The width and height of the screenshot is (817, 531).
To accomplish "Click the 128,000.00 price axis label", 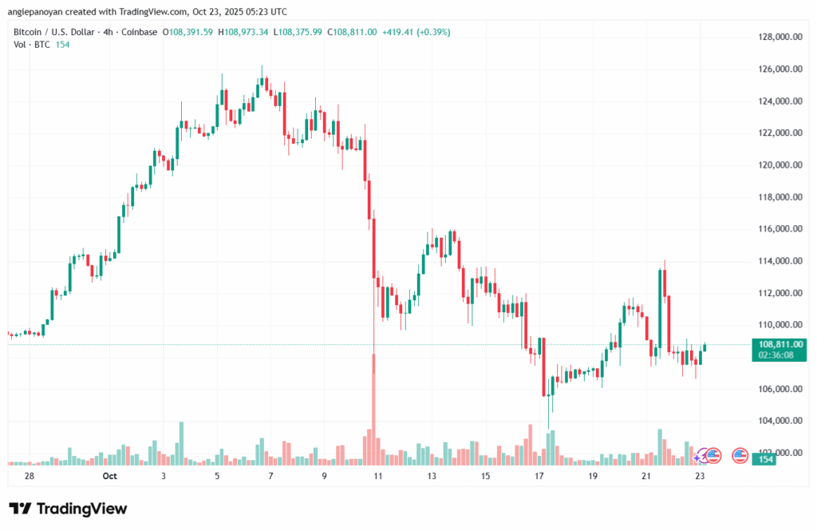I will click(780, 38).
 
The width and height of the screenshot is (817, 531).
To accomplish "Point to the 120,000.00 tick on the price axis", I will click(780, 165).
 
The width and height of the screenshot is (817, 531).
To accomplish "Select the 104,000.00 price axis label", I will click(780, 421).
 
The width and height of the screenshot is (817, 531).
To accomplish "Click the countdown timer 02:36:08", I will click(776, 355).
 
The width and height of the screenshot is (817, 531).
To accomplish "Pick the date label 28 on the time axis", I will click(30, 476).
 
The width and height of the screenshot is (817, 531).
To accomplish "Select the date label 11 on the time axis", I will click(378, 476).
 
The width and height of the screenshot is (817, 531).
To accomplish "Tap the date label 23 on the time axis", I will click(700, 476).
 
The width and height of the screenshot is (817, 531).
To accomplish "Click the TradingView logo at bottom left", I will click(68, 509).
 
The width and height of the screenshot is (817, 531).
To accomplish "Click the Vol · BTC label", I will click(30, 46).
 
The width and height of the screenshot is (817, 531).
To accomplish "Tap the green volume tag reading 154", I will click(765, 459).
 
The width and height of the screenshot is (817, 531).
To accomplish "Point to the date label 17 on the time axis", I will click(539, 476).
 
